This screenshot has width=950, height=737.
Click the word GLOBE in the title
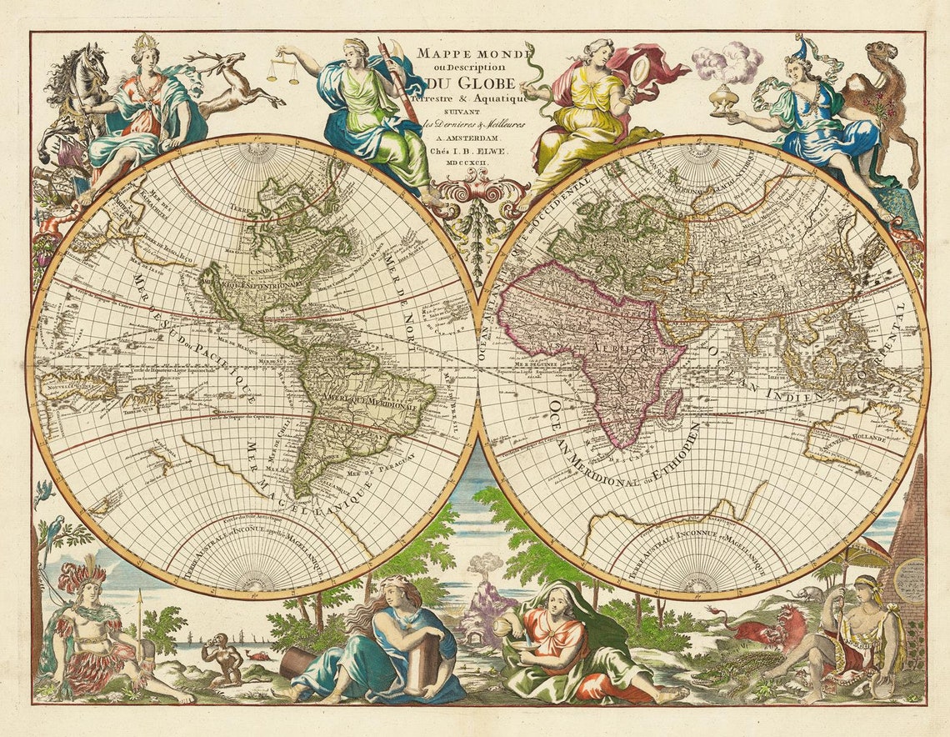(x=483, y=83)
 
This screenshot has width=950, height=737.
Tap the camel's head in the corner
(x=881, y=55)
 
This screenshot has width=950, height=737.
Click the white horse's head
(x=92, y=63)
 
